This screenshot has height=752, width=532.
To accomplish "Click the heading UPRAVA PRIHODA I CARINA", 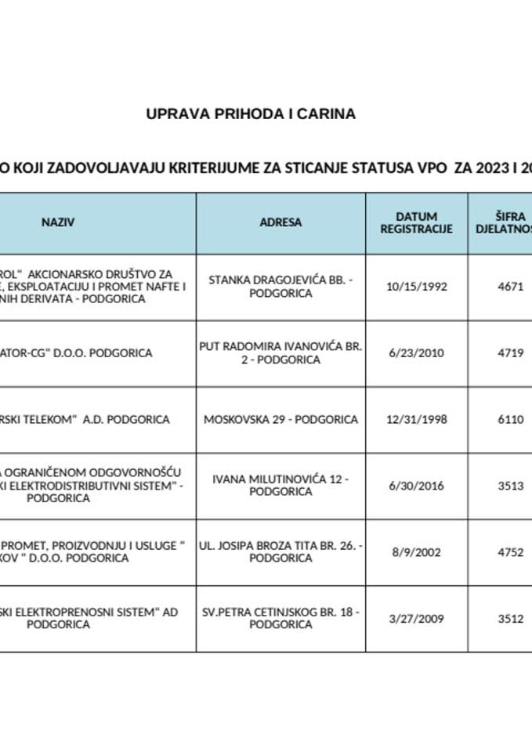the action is [251, 114].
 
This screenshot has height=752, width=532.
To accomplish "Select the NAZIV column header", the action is [58, 222].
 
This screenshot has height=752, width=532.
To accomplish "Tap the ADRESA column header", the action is [280, 222].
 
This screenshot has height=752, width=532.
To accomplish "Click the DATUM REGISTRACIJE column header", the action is [416, 222].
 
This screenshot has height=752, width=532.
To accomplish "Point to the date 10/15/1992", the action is [416, 287].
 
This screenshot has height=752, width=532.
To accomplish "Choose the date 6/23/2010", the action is [416, 353].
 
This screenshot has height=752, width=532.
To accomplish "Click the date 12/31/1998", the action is [416, 419].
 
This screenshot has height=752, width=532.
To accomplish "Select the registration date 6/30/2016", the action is [416, 486].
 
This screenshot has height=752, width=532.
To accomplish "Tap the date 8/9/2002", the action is [416, 551].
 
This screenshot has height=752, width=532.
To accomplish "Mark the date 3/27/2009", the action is [416, 618].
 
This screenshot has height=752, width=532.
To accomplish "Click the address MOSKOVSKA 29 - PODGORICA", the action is [280, 419].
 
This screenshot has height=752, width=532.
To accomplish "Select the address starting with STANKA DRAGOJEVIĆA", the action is [280, 287].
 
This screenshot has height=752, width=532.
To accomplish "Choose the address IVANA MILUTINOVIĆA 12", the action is [280, 486].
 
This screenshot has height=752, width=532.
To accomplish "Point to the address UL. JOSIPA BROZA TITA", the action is [280, 551].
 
